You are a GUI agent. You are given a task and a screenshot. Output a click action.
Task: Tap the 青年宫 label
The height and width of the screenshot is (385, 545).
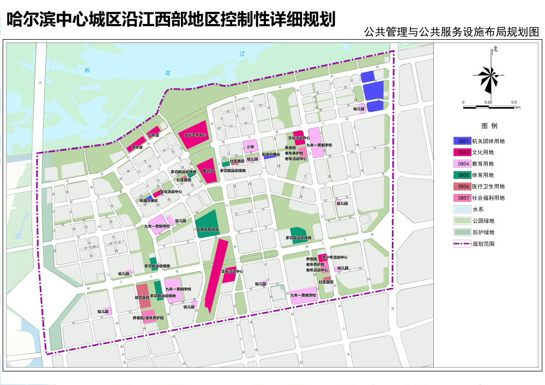pyautogui.click(x=137, y=147)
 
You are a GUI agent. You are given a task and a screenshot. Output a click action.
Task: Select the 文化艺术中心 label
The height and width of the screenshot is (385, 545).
pyautogui.click(x=195, y=135)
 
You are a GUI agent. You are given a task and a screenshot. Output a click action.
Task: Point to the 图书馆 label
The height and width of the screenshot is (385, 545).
pyautogui.click(x=208, y=170)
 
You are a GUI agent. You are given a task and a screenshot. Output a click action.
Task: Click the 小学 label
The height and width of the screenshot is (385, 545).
pyautogui.click(x=250, y=146)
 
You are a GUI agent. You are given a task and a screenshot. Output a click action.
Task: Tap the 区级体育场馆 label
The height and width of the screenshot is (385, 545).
pyautogui.click(x=208, y=230)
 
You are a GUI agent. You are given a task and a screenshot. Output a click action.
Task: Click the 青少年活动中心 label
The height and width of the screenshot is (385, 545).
pyautogui.click(x=335, y=257)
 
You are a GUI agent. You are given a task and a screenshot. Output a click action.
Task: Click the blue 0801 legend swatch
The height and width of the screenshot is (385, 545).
pyautogui.click(x=463, y=141)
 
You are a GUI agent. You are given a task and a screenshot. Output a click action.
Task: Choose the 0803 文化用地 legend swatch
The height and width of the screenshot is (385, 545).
pyautogui.click(x=463, y=152)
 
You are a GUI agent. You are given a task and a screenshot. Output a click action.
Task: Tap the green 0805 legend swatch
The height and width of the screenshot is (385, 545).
pyautogui.click(x=463, y=175)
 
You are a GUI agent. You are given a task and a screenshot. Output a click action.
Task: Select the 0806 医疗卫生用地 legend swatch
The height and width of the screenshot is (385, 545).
pyautogui.click(x=463, y=187)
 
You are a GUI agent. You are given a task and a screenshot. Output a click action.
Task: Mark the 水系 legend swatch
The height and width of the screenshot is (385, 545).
pyautogui.click(x=463, y=210)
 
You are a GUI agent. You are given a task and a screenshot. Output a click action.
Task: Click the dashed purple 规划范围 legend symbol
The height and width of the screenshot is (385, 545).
pyautogui.click(x=463, y=244)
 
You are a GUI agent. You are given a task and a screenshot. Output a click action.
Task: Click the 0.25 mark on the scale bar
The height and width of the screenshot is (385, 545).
pyautogui.click(x=488, y=102)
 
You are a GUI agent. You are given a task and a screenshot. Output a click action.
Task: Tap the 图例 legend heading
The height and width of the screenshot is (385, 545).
pyautogui.click(x=489, y=126)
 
